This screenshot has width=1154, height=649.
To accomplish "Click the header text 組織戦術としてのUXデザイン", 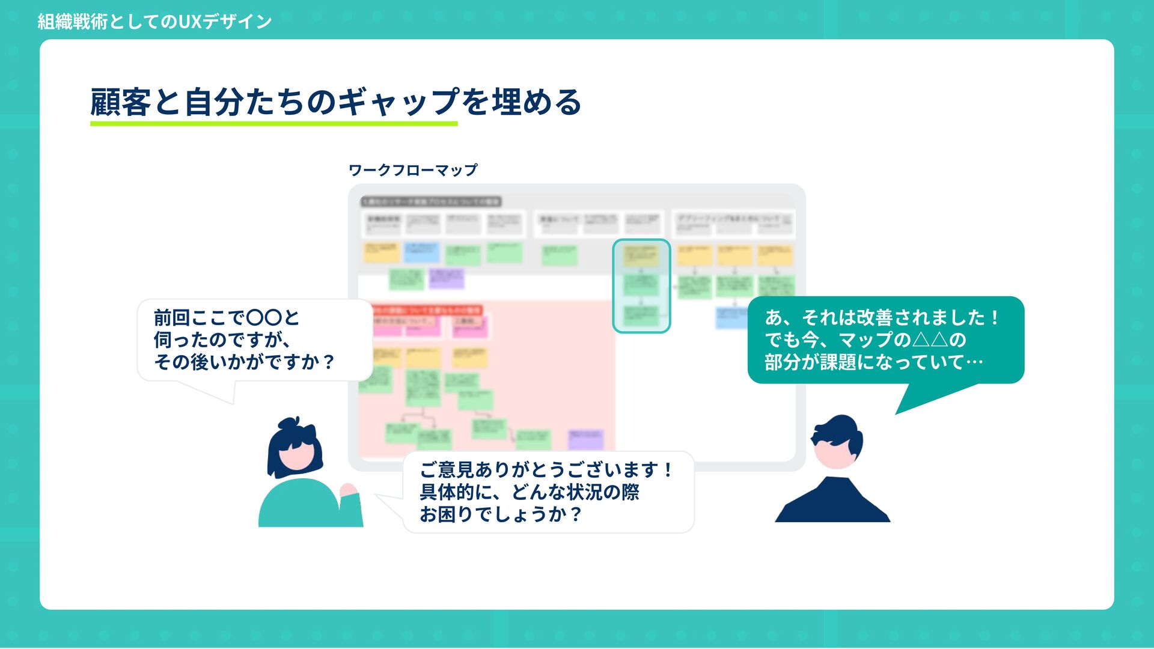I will pyautogui.click(x=154, y=22).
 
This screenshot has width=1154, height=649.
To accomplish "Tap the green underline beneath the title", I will pyautogui.click(x=273, y=124).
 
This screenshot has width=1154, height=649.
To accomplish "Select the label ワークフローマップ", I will pyautogui.click(x=413, y=170).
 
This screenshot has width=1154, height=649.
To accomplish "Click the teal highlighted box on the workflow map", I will pyautogui.click(x=641, y=286).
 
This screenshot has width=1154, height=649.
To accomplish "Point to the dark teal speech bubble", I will pyautogui.click(x=885, y=340).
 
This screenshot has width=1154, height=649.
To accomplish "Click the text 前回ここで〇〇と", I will pyautogui.click(x=226, y=317).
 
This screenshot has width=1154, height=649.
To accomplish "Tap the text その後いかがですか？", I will pyautogui.click(x=244, y=362).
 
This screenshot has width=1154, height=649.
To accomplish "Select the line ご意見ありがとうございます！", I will pyautogui.click(x=546, y=469).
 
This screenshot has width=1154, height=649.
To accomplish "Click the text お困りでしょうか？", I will pyautogui.click(x=501, y=514).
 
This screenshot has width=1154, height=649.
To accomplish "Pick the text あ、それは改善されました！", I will pyautogui.click(x=882, y=317).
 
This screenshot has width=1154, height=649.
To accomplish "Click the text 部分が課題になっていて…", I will pyautogui.click(x=873, y=362).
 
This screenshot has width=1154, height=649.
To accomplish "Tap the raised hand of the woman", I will pyautogui.click(x=348, y=490).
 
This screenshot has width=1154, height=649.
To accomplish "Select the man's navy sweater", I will pyautogui.click(x=832, y=502).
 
